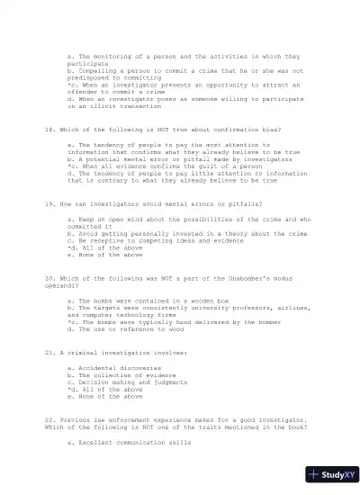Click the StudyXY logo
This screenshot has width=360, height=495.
coord(329,474)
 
